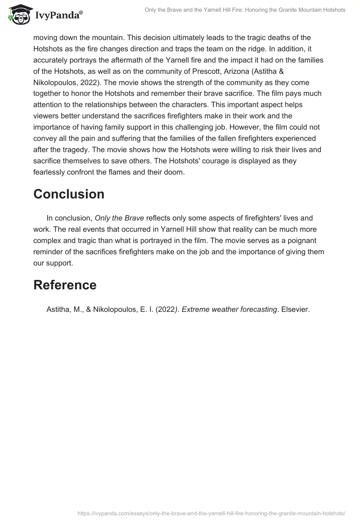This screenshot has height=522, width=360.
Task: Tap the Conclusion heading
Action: coord(69,194)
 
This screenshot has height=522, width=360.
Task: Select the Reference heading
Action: coord(65,285)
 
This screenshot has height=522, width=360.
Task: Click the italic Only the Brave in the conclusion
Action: coord(119,218)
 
